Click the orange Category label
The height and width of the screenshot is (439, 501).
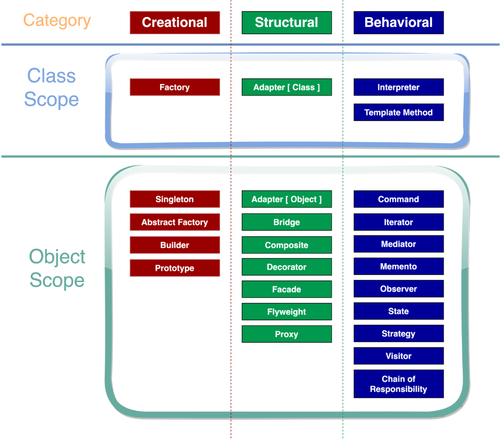pos(57,21)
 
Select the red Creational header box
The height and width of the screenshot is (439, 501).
pos(175,23)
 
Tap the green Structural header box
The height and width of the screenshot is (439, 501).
pos(286,23)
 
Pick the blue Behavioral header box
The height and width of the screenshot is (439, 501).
pos(398,23)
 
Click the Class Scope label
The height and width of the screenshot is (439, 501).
pos(51,88)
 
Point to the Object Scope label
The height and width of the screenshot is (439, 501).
pos(57,269)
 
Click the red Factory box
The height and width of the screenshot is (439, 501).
pos(175,87)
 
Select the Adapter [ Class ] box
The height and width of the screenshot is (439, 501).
pos(286,87)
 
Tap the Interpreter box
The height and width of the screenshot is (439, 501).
pos(398,87)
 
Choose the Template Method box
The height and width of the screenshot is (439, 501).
pos(398,113)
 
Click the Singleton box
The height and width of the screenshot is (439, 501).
pos(175,199)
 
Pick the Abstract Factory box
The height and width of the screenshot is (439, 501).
pos(175,222)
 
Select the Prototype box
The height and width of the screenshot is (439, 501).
pos(175,268)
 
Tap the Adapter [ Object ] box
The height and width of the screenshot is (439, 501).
pos(286,199)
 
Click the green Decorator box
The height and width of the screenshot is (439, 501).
pos(286,267)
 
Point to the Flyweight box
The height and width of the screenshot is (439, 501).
pos(286,312)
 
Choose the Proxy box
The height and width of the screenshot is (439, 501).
pos(286,334)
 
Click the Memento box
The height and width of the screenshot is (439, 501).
pos(398,267)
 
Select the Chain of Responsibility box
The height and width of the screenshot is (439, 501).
pos(398,384)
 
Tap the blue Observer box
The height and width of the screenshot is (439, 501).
pos(398,289)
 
